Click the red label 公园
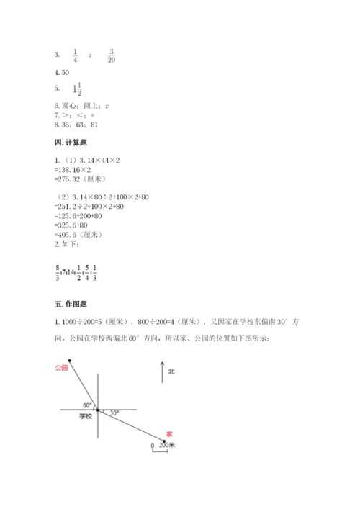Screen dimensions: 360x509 click(60, 367)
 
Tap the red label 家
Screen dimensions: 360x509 click(169, 433)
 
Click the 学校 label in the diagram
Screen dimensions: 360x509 click(86, 416)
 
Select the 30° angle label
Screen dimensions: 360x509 click(114, 413)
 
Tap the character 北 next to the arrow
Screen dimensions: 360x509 click(171, 371)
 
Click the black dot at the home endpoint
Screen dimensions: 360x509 click(164, 441)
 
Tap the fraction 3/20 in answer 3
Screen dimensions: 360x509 click(112, 55)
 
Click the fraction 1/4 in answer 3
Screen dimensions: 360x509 click(75, 55)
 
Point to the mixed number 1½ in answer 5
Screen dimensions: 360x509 click(76, 90)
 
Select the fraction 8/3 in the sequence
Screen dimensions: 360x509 click(57, 271)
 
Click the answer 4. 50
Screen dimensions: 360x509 click(61, 73)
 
